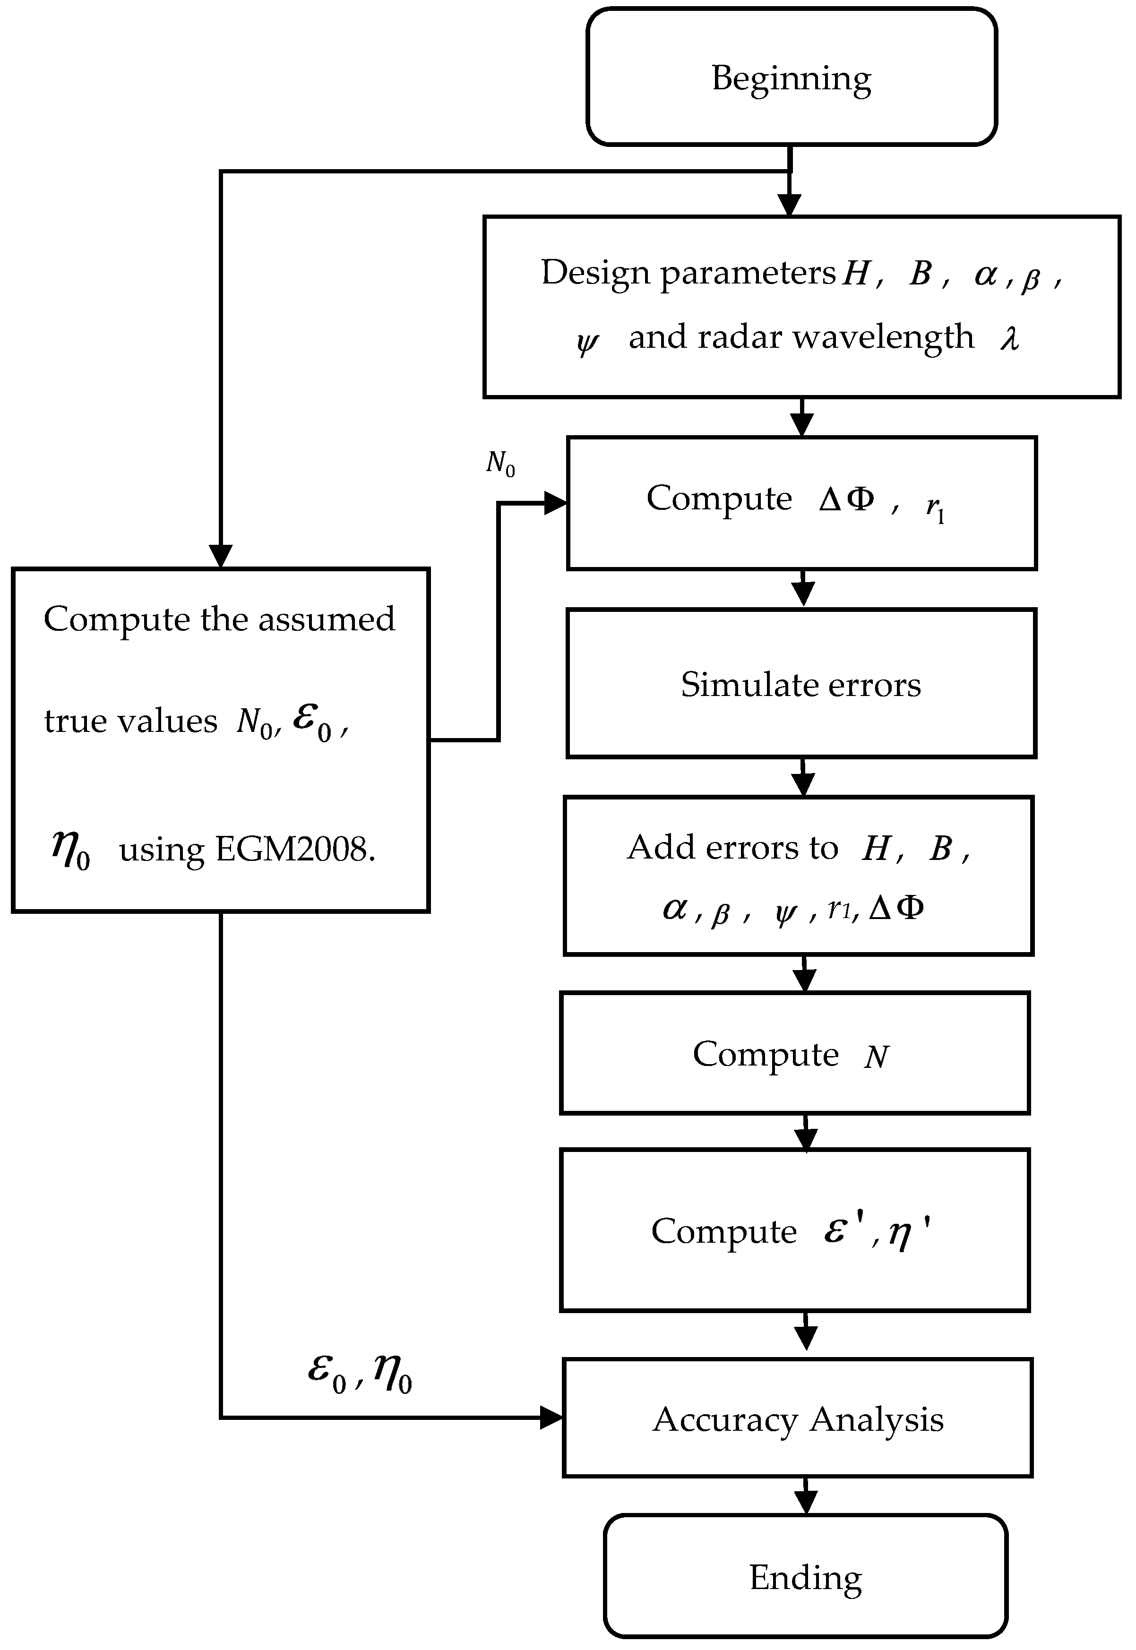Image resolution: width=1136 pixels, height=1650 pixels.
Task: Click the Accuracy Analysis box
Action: [x=797, y=1419]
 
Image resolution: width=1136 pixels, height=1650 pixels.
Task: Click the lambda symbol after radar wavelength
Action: [x=1009, y=337]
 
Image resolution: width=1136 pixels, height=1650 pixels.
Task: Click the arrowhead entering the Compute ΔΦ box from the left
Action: [x=555, y=503]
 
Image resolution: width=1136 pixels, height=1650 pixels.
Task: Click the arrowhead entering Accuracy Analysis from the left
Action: [x=551, y=1418]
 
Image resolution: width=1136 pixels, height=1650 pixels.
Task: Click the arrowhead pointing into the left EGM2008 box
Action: [x=221, y=556]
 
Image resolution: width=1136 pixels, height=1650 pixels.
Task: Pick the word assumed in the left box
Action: [x=326, y=619]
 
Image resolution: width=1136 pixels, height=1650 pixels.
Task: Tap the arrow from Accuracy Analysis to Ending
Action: [x=805, y=1497]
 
